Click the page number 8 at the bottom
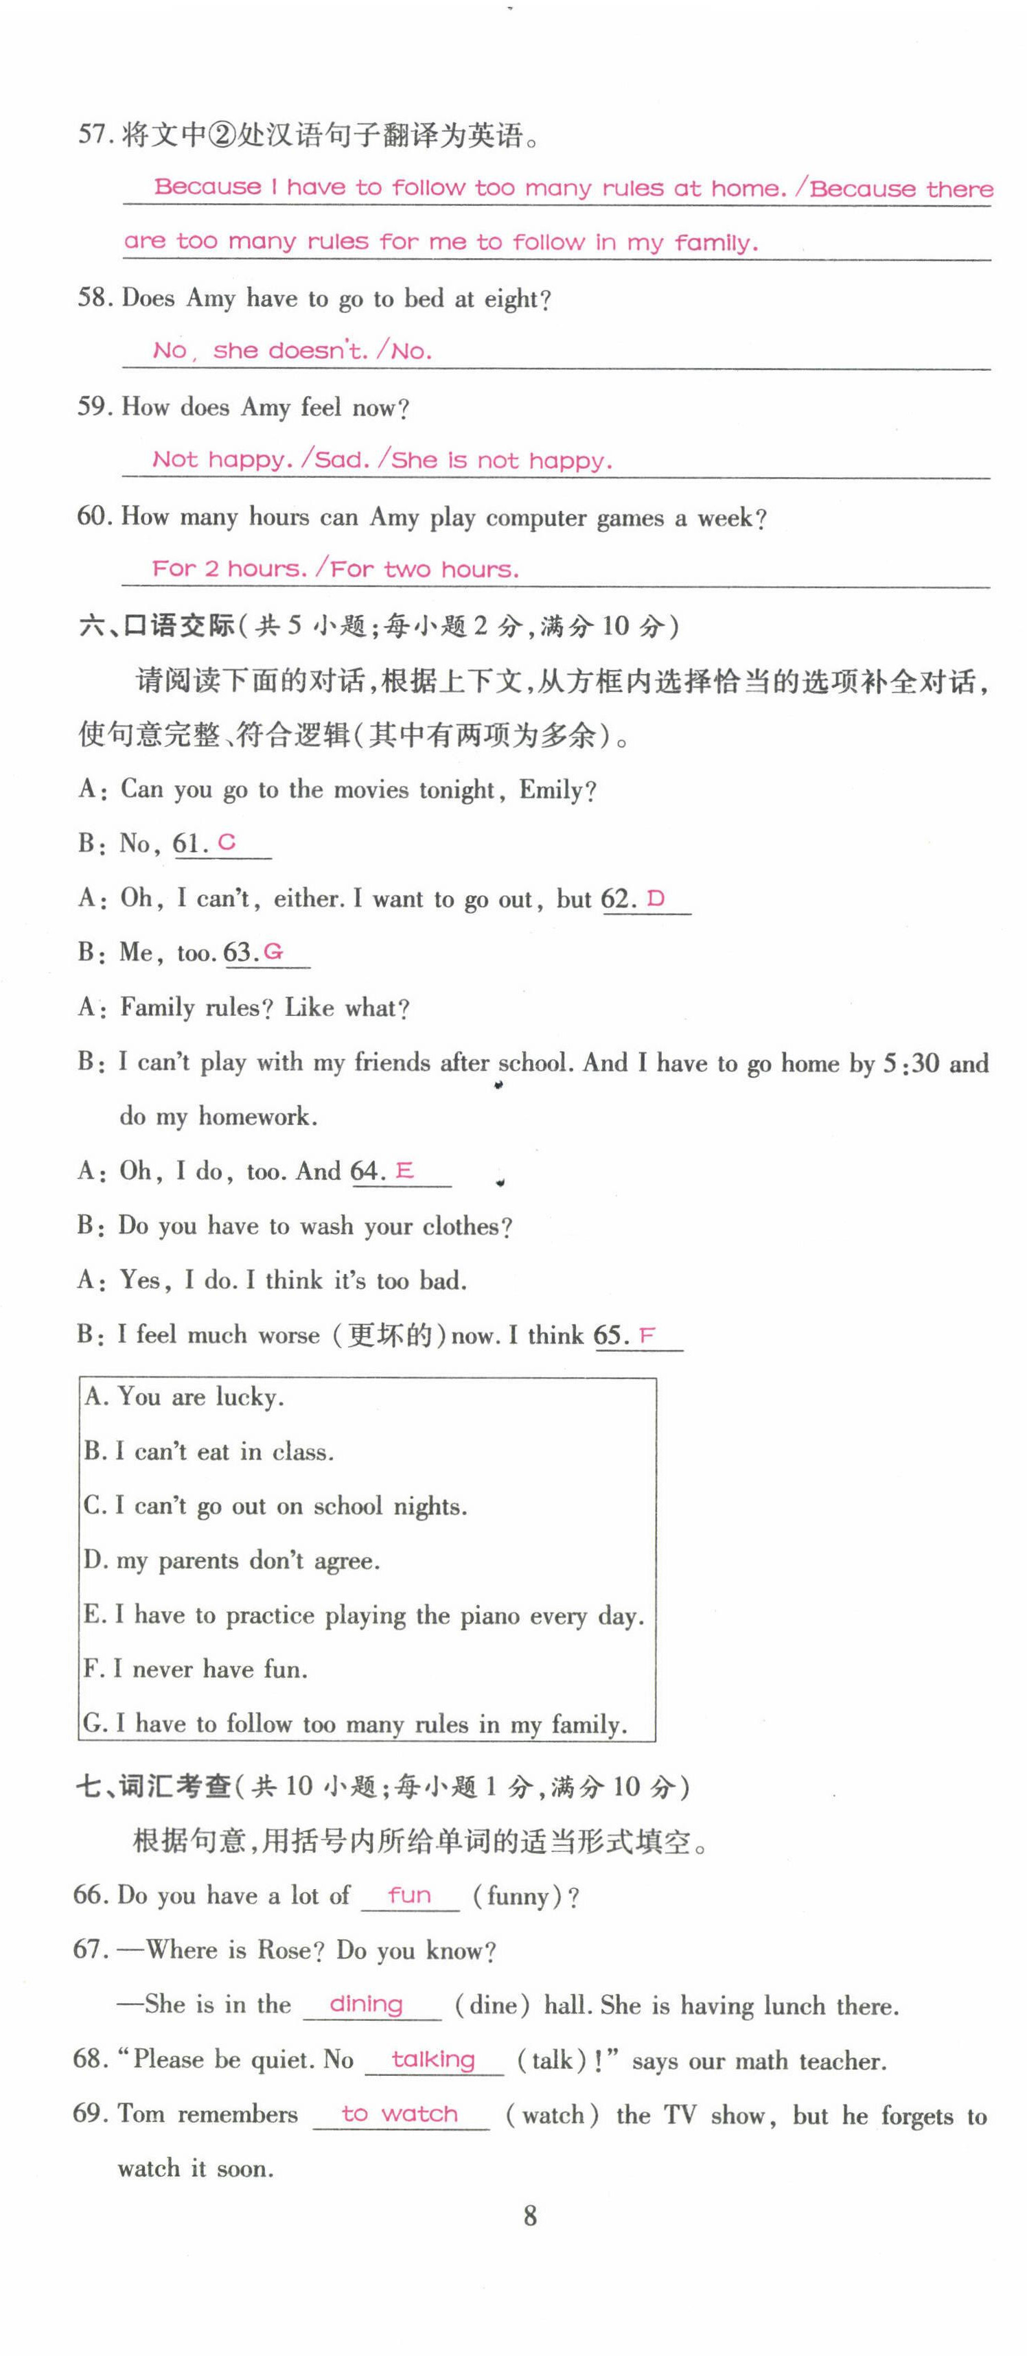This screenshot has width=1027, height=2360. click(529, 2215)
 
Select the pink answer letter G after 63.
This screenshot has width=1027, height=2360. click(273, 952)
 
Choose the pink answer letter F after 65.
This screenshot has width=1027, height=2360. click(647, 1335)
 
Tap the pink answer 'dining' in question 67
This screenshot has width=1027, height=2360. click(365, 2004)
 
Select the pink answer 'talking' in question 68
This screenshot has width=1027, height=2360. click(432, 2059)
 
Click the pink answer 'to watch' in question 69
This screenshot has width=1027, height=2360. click(400, 2114)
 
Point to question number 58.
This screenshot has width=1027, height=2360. click(93, 298)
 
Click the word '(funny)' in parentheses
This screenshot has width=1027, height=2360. click(518, 1895)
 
